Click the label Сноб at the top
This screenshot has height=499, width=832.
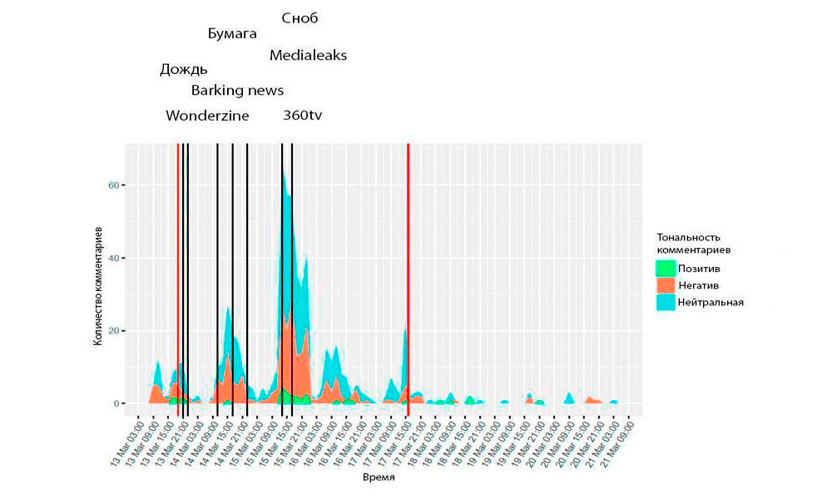pyautogui.click(x=300, y=18)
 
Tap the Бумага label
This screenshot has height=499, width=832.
pyautogui.click(x=232, y=34)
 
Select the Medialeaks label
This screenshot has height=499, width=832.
pyautogui.click(x=308, y=56)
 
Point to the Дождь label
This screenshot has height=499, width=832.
pyautogui.click(x=184, y=70)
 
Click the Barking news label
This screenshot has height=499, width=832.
pyautogui.click(x=237, y=91)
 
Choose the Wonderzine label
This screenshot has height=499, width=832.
pyautogui.click(x=207, y=116)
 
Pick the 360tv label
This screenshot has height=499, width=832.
pyautogui.click(x=303, y=116)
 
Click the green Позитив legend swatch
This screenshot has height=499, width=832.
pyautogui.click(x=666, y=269)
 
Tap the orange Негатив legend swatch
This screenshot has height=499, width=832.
pyautogui.click(x=666, y=285)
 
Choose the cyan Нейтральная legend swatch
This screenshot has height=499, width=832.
pyautogui.click(x=666, y=302)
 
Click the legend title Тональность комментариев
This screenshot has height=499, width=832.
pyautogui.click(x=694, y=243)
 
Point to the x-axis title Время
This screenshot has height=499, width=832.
pyautogui.click(x=379, y=479)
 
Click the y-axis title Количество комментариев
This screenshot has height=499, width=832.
pyautogui.click(x=97, y=283)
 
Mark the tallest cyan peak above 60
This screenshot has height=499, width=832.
pyautogui.click(x=284, y=171)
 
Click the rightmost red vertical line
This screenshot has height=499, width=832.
pyautogui.click(x=408, y=274)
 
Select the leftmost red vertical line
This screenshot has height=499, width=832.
pyautogui.click(x=178, y=274)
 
